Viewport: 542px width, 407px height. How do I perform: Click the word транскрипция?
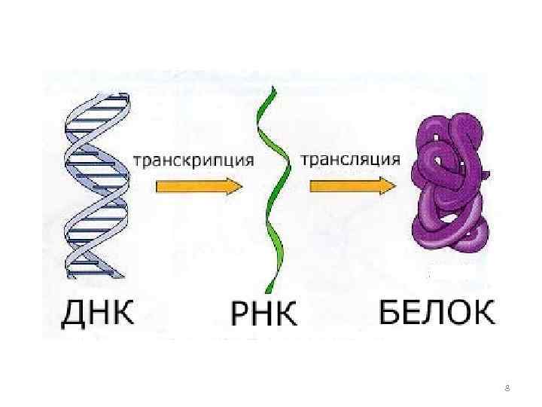pyautogui.click(x=193, y=161)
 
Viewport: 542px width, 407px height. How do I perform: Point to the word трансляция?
pyautogui.click(x=350, y=159)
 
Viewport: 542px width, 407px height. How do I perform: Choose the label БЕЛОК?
pyautogui.click(x=437, y=310)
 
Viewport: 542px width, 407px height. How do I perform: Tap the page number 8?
pyautogui.click(x=507, y=388)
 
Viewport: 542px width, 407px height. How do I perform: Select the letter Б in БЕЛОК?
pyautogui.click(x=388, y=310)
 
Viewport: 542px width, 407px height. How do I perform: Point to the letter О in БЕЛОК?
pyautogui.click(x=460, y=310)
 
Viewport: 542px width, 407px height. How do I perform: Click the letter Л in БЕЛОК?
pyautogui.click(x=436, y=310)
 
